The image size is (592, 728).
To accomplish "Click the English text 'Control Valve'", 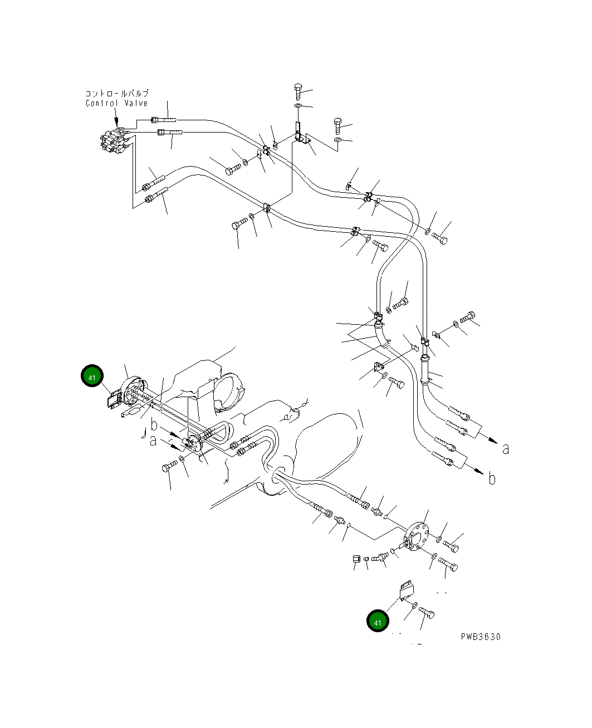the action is pos(116,103).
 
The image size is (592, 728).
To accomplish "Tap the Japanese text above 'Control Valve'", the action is pos(117,93).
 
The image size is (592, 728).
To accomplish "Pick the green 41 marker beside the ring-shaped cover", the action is pos(92,375).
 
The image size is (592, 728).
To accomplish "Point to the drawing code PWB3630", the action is pos(481,637).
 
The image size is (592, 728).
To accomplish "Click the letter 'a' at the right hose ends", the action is pos(506,449).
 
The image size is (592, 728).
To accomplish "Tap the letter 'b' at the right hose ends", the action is pos(492,478).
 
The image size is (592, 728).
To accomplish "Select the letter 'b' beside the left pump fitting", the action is pos(154,425).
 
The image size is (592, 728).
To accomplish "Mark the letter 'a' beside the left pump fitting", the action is pos(153,441).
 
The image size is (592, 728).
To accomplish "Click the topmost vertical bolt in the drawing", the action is pos(298,91).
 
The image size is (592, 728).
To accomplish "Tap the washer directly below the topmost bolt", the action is pos(298,106).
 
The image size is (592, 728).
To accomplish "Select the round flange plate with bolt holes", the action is pos(417,536).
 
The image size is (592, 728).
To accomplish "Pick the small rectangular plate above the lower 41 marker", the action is pos(407,591).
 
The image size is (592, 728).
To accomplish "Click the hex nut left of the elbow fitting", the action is pos(356,559).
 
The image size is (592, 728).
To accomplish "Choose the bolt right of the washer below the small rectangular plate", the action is pos(427,612).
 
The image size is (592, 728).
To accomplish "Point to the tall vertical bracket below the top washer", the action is pos(298,130).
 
